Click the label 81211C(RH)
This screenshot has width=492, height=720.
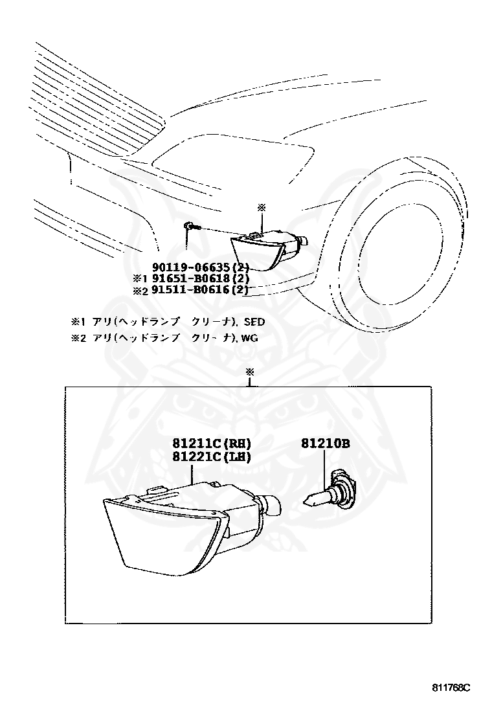pos(211,444)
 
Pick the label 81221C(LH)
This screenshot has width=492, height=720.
pos(211,456)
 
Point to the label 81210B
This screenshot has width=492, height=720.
pos(325,444)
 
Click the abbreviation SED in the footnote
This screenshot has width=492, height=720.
pos(254,321)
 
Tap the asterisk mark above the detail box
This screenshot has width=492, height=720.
pos(250,372)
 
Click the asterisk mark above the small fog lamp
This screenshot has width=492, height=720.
pos(262,207)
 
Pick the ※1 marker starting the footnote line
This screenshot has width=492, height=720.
pos(78,321)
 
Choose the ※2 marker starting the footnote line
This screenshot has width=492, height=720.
pos(78,337)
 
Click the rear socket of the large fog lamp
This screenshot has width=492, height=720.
pos(271,505)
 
